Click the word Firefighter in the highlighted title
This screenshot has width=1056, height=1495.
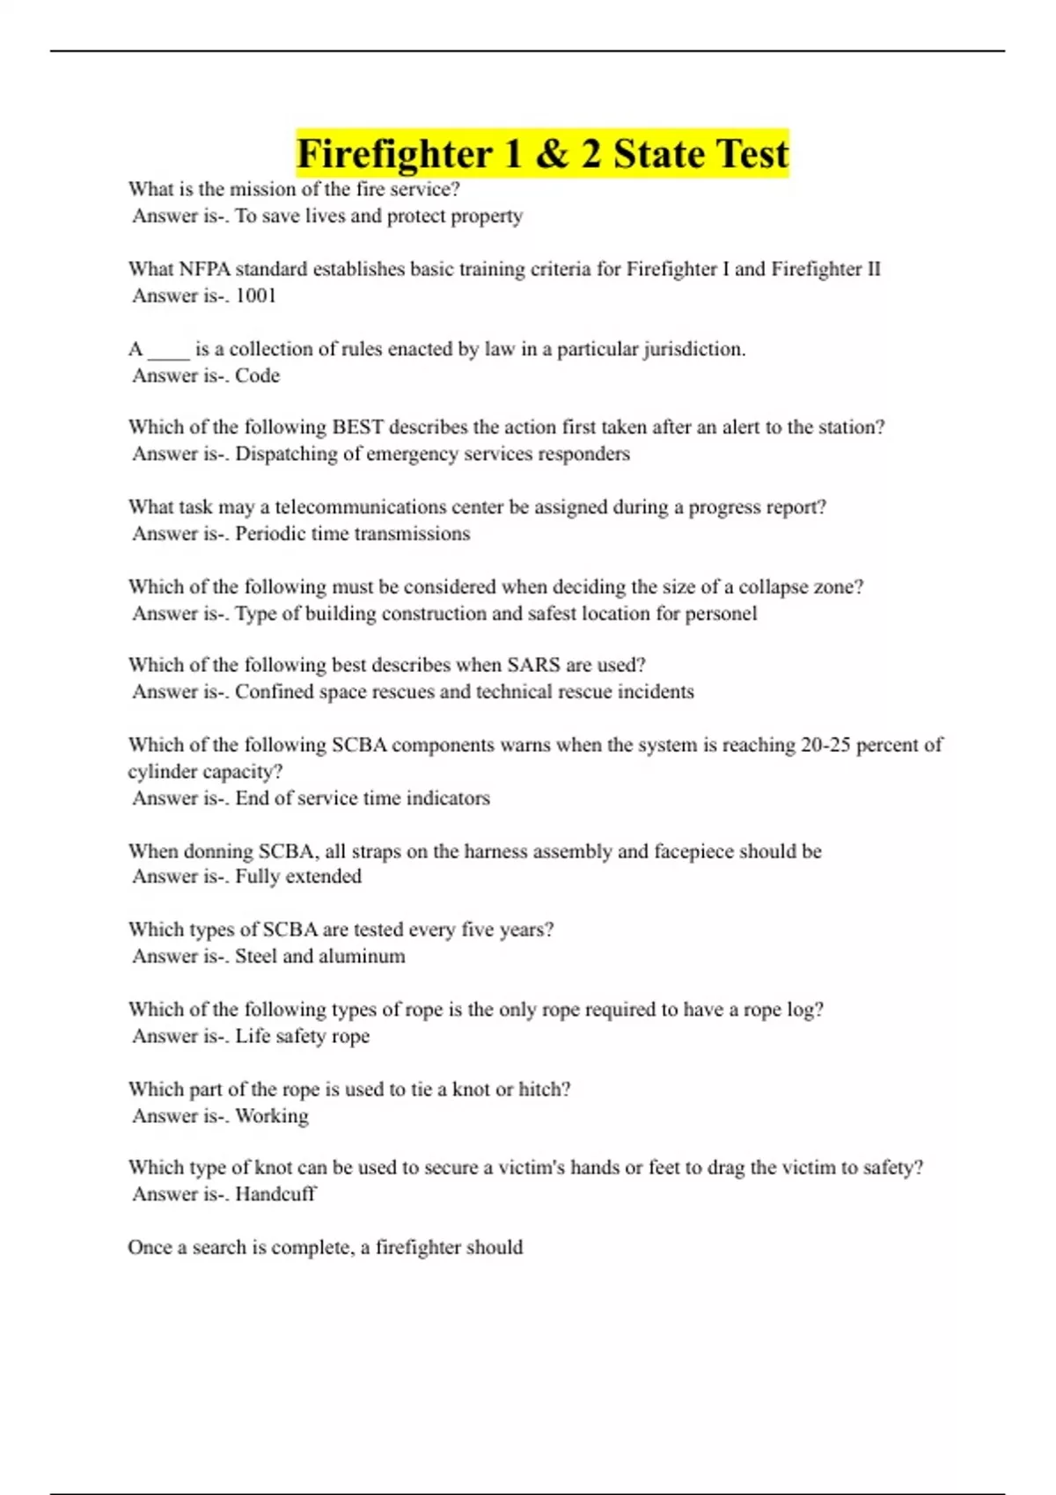point(393,154)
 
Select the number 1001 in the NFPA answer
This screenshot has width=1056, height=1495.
point(256,295)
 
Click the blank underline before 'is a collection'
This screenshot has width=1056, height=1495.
point(168,350)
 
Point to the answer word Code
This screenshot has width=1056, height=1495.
point(257,376)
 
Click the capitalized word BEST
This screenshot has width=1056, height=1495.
point(357,427)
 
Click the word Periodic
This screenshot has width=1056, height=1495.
point(271,534)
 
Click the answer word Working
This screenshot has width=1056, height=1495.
point(272,1116)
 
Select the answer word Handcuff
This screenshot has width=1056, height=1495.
point(275,1194)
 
